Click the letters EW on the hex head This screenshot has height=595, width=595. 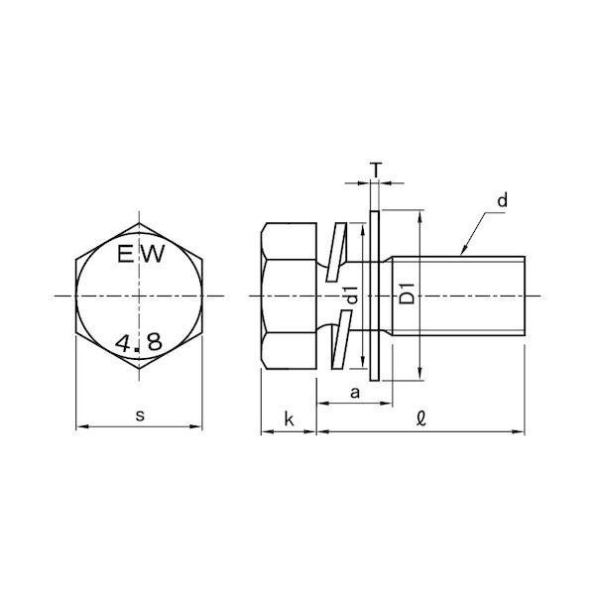tap(141, 254)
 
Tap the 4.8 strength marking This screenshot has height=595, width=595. tap(139, 342)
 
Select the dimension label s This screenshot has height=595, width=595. tap(140, 416)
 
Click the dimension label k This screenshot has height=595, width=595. tap(290, 419)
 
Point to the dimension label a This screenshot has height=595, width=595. tap(355, 393)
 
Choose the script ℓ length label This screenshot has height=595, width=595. tap(420, 418)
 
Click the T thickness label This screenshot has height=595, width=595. tap(375, 170)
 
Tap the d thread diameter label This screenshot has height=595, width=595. tap(502, 200)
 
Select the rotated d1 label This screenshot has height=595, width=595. tap(352, 295)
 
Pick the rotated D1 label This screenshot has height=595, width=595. tap(408, 294)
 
